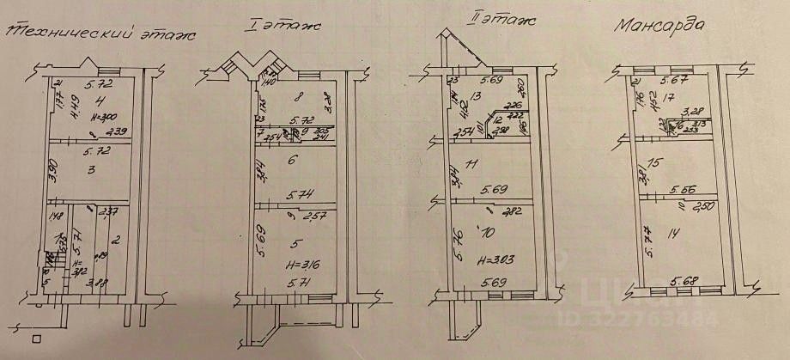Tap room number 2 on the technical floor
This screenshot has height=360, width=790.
117,239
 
